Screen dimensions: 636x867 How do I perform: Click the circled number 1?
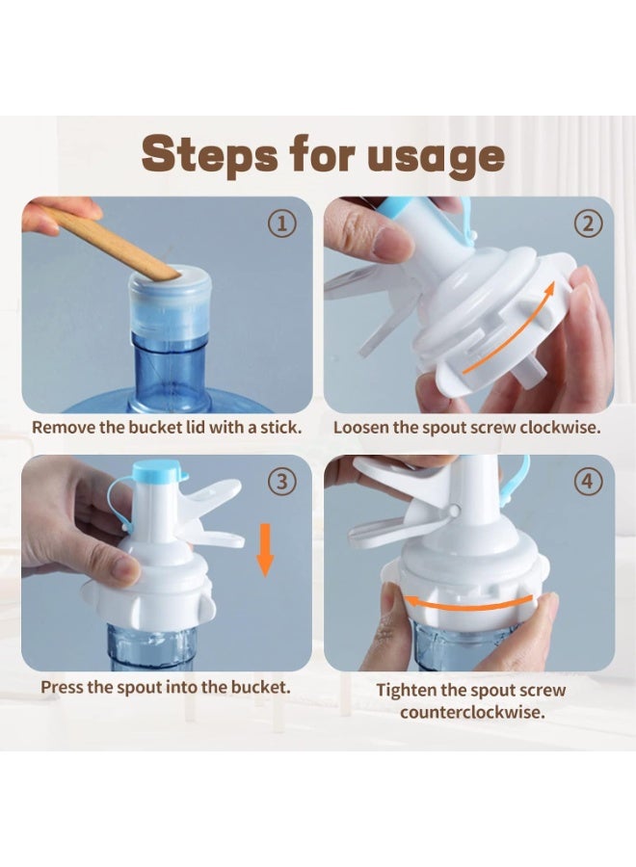pos(282,223)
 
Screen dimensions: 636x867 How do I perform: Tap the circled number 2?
pos(587,223)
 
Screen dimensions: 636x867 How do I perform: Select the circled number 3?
pos(282,483)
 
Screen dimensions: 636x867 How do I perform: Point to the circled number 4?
pos(587,483)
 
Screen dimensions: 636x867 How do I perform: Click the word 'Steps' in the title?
pos(210,156)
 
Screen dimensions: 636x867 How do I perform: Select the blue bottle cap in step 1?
pos(171,302)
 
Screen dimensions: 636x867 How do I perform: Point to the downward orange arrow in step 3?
pos(265,549)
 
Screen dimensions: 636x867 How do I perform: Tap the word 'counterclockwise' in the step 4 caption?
pos(472,712)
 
